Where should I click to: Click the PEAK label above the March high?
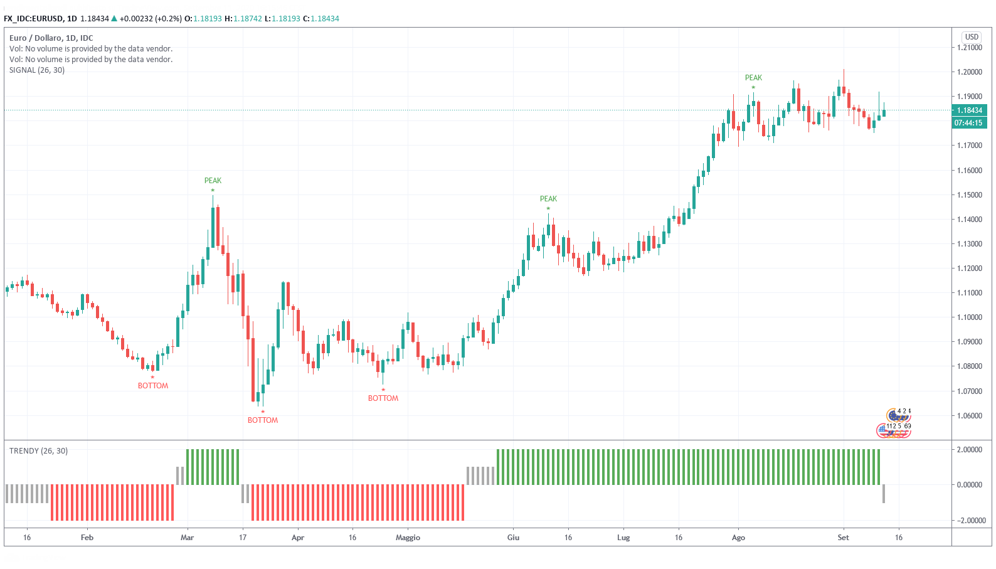click(213, 181)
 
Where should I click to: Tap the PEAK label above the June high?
click(548, 199)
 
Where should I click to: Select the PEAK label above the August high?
click(753, 78)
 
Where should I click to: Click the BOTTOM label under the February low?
click(153, 386)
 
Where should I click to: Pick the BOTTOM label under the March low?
click(262, 420)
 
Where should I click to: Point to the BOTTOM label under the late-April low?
click(383, 398)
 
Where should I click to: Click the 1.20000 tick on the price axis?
click(969, 72)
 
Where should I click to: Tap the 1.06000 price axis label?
click(969, 416)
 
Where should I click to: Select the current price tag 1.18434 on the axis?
click(969, 110)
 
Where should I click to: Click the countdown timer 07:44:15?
click(969, 123)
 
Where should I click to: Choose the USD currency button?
click(972, 37)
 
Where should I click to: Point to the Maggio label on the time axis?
click(408, 538)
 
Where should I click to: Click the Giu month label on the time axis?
click(513, 538)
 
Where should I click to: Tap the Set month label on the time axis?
click(843, 538)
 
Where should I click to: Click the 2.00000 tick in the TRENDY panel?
click(969, 450)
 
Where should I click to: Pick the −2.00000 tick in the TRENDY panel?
click(969, 520)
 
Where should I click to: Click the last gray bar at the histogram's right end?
click(883, 494)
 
